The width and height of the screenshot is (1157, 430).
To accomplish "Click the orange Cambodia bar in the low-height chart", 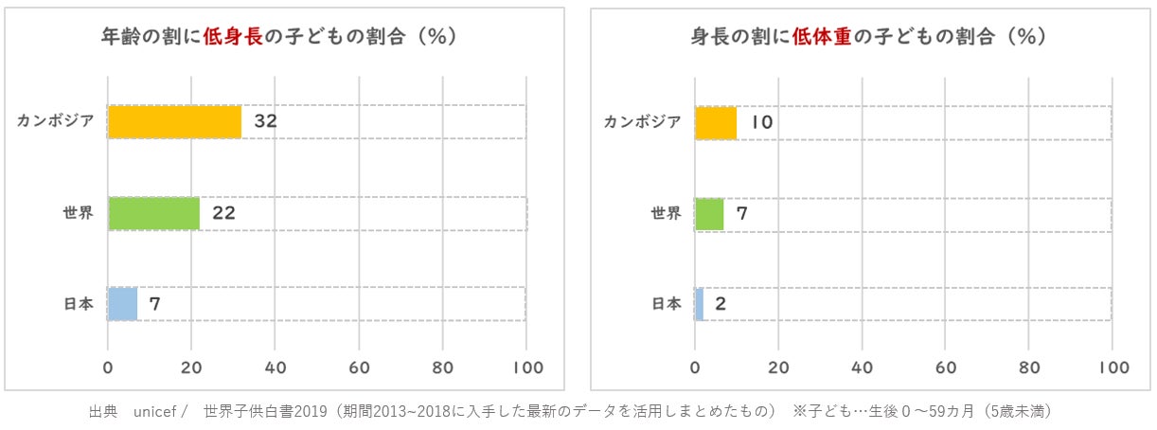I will [x=174, y=122].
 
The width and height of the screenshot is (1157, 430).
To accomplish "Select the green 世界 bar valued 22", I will [x=153, y=213].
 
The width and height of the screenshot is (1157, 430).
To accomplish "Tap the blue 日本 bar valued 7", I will [x=122, y=304].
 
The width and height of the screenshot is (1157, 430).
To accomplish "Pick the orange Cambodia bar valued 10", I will [x=716, y=123].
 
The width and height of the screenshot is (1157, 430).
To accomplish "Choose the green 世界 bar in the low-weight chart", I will [x=709, y=214].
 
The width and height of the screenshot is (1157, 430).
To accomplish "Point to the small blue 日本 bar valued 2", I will [x=699, y=304].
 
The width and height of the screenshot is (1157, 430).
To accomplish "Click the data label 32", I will [x=265, y=122].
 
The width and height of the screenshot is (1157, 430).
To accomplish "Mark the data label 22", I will [x=223, y=213].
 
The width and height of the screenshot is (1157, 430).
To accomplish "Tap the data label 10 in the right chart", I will [x=762, y=123].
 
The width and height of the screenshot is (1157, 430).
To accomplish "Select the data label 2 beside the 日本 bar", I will [x=721, y=304].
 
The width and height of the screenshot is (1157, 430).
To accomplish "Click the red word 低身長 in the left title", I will [x=231, y=37].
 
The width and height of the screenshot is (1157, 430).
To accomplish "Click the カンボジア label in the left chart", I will [x=55, y=122].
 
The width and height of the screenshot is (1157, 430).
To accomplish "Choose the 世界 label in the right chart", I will [x=666, y=214].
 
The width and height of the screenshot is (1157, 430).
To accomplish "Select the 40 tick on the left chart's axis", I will [x=276, y=367].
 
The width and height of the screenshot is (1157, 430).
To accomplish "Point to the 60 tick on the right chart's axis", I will [x=945, y=367].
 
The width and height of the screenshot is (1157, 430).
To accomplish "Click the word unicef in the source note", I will [x=156, y=412].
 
